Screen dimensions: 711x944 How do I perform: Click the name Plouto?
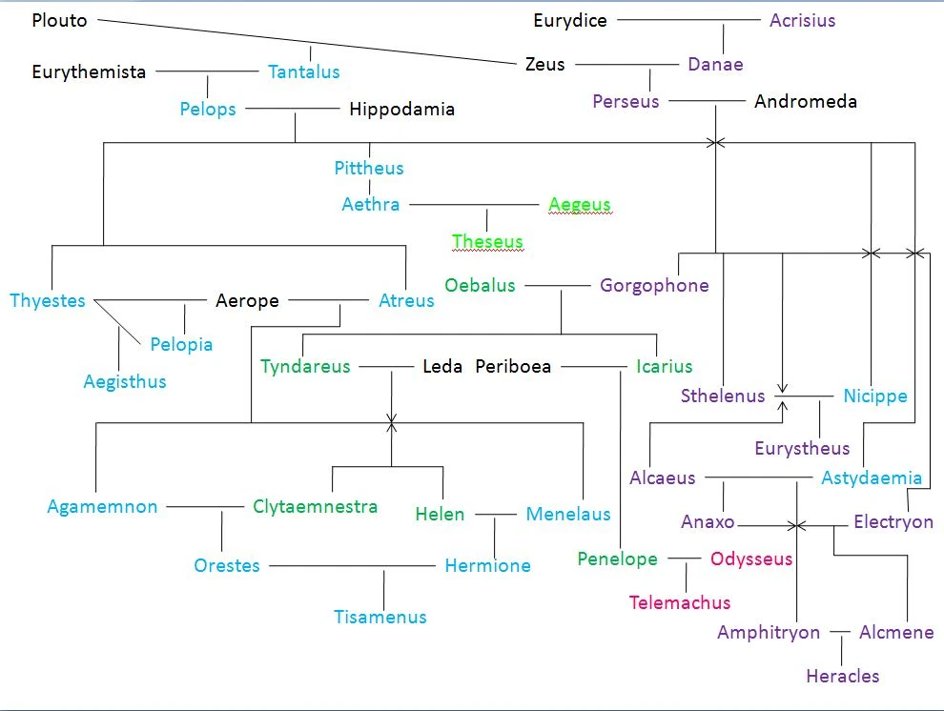click(59, 20)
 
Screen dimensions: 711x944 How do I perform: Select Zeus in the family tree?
click(544, 65)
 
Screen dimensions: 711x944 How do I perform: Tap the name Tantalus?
click(303, 71)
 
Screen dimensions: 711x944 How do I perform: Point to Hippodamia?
click(401, 109)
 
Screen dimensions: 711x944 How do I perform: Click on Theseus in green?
click(487, 241)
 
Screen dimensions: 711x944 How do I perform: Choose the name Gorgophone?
click(654, 285)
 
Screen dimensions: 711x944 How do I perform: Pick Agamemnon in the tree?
click(102, 507)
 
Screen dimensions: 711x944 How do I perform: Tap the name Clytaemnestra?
click(315, 507)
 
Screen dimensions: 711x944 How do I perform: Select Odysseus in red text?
click(751, 559)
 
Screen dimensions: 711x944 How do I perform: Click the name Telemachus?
click(680, 602)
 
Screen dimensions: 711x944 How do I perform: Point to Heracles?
click(842, 676)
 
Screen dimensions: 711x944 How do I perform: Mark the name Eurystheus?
click(801, 448)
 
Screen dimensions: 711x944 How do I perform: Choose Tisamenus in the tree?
click(380, 617)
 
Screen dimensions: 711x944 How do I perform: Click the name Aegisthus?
click(124, 381)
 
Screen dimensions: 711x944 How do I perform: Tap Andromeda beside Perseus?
click(805, 101)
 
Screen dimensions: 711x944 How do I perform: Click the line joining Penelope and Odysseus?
click(684, 559)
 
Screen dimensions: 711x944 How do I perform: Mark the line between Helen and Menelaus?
click(495, 515)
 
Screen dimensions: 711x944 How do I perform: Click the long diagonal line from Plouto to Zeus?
click(305, 42)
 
